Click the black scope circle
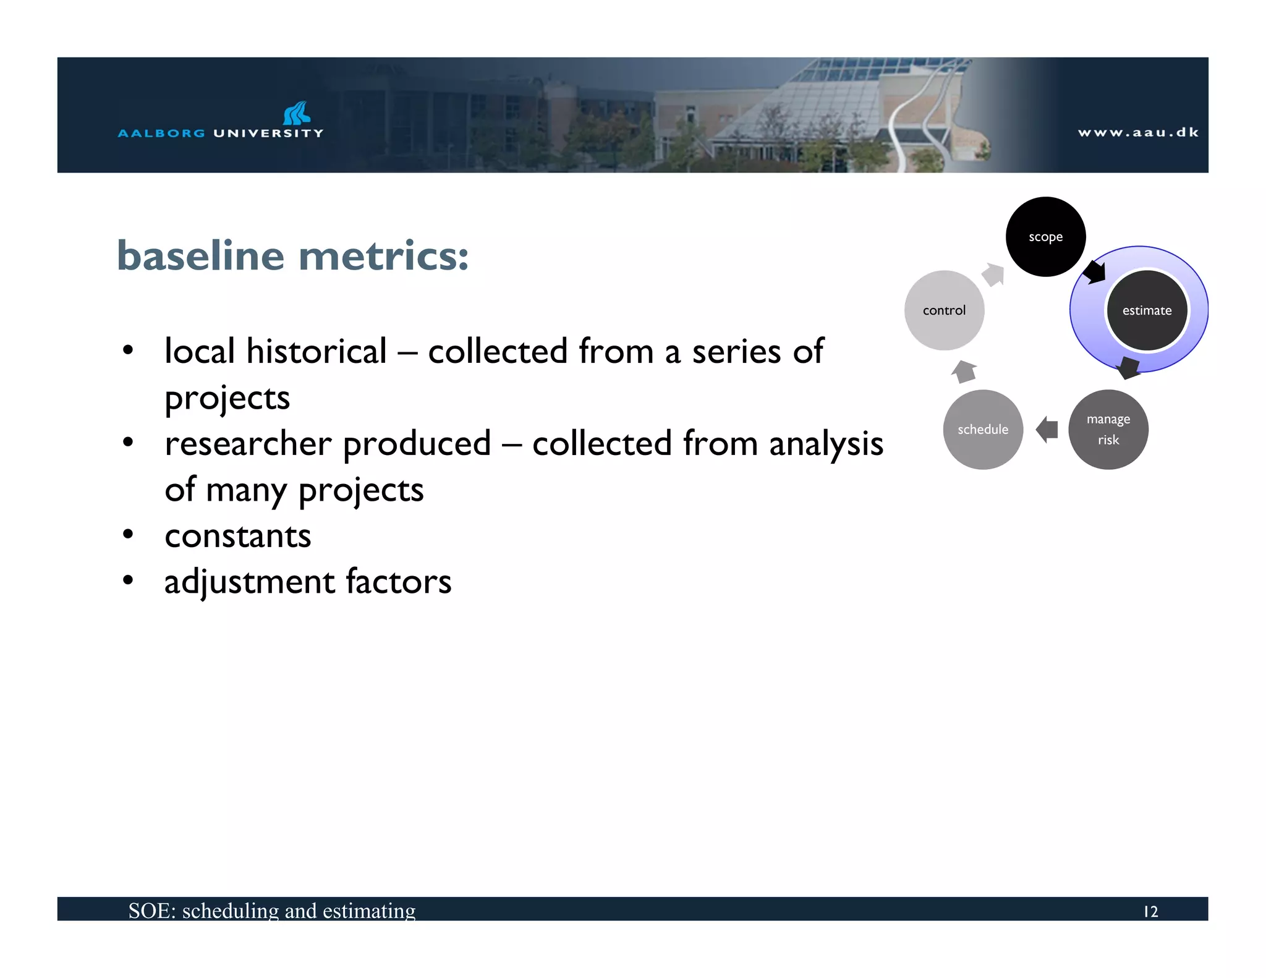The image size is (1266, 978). click(1045, 237)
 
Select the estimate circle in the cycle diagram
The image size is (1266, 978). click(1147, 310)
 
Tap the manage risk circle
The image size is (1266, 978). click(1108, 430)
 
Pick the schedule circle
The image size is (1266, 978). click(983, 430)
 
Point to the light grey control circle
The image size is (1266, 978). click(944, 310)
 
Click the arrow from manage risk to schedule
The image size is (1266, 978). click(1047, 429)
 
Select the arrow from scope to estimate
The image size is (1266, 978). click(1095, 271)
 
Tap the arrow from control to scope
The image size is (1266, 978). click(994, 274)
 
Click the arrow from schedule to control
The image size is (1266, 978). click(964, 371)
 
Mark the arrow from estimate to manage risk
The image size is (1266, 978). click(1129, 368)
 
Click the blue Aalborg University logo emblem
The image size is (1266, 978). click(296, 113)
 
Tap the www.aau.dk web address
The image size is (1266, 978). click(1138, 132)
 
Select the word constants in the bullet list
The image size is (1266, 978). click(238, 535)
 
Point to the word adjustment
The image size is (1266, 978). click(250, 582)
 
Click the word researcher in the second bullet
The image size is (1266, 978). click(249, 444)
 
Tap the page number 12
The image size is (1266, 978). click(1150, 911)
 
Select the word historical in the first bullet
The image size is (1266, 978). click(316, 351)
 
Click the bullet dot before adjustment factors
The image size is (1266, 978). click(128, 580)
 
